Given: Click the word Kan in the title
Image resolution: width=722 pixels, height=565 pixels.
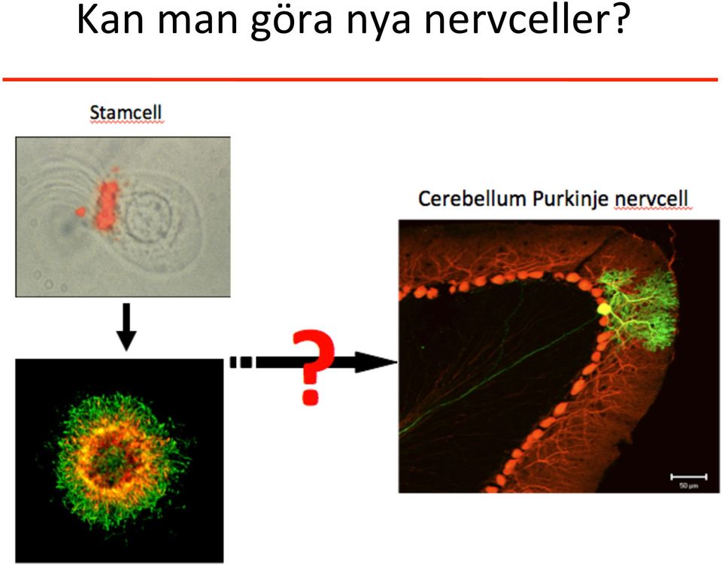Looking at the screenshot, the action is tap(110, 20).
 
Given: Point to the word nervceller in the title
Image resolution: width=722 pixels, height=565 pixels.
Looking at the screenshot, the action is tap(513, 20).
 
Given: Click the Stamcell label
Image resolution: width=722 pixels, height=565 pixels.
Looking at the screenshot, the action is tap(126, 112).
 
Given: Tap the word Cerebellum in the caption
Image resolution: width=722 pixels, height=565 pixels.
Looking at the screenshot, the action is tap(472, 199).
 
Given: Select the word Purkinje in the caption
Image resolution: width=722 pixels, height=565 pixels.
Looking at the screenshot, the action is tap(571, 199).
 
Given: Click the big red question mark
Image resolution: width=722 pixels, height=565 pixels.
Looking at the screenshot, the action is tap(313, 366).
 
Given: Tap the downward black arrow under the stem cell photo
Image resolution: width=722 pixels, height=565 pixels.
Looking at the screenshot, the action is tap(126, 327).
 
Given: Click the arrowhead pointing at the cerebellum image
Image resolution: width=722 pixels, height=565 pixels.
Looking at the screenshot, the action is tap(377, 362).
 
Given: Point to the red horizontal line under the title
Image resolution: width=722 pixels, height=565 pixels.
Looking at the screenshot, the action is tap(360, 80).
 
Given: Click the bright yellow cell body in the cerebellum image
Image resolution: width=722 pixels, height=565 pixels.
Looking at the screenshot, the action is tap(603, 308).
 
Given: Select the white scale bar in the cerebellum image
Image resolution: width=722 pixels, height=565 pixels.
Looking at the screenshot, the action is tap(688, 476).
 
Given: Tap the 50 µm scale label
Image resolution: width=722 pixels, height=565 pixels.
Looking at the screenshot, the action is tap(689, 485).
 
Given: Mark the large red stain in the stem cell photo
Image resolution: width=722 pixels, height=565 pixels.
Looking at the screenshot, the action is tap(108, 205).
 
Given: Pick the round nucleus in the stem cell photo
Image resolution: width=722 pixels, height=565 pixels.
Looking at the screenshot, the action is tap(149, 216).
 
